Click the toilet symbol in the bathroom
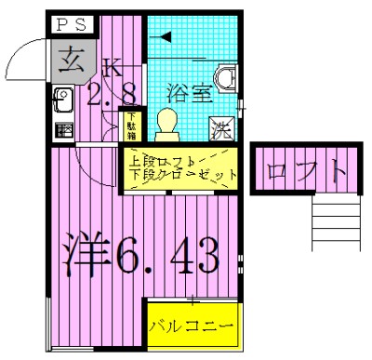tap(166, 121)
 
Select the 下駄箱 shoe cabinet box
tap(131, 126)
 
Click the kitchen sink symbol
tap(62, 98)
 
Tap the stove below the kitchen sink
tap(62, 129)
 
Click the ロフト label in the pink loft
tap(306, 172)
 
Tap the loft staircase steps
tap(335, 223)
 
